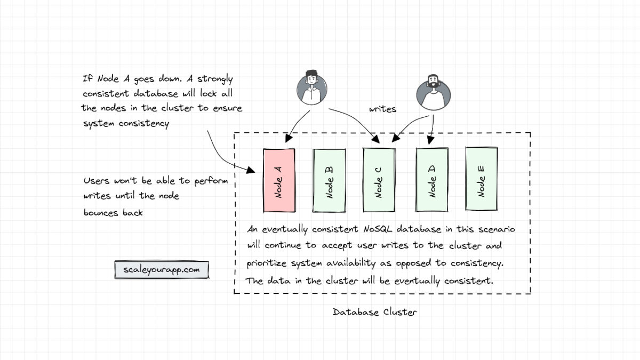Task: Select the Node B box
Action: (x=329, y=179)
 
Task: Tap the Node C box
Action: (x=378, y=179)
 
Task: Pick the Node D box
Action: (x=432, y=179)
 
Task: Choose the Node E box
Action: (x=481, y=179)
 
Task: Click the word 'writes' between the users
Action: (x=382, y=109)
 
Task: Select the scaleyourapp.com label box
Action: (x=162, y=270)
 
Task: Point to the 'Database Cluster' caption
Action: (x=374, y=312)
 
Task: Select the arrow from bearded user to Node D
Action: (x=431, y=128)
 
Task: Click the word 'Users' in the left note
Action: (x=97, y=181)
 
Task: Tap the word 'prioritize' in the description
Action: (x=269, y=264)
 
